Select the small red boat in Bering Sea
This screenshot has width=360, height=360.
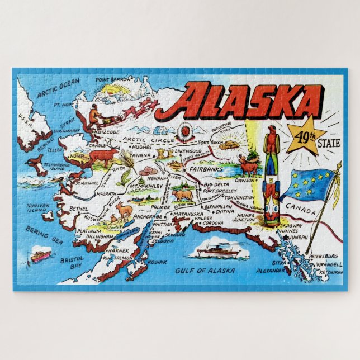click(41, 255)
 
